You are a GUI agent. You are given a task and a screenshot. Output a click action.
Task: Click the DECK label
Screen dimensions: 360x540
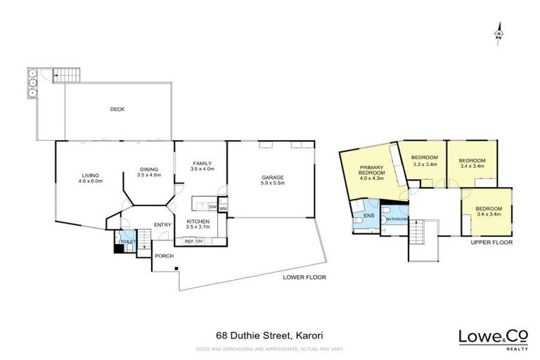(117, 109)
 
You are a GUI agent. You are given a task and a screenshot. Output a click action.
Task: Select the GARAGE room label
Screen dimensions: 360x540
(273, 177)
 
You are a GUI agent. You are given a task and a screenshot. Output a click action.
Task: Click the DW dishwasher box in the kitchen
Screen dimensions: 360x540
(212, 207)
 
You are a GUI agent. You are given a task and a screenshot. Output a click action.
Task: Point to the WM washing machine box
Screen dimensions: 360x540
(222, 207)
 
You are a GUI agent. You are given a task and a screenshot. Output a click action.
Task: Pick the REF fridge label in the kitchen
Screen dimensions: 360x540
(189, 241)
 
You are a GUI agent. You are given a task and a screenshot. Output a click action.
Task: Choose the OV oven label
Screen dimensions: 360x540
(200, 241)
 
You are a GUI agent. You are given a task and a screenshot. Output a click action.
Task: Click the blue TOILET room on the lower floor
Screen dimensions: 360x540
(127, 241)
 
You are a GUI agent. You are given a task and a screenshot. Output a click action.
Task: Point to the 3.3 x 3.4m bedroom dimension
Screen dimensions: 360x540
(425, 165)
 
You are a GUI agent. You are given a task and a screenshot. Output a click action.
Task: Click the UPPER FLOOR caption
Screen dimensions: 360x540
(491, 242)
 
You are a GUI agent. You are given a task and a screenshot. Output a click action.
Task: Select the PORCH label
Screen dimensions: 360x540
(164, 256)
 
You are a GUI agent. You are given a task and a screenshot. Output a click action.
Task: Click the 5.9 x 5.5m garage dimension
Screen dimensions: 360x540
(273, 184)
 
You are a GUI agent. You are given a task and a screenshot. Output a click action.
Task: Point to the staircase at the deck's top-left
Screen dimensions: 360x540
(65, 74)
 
